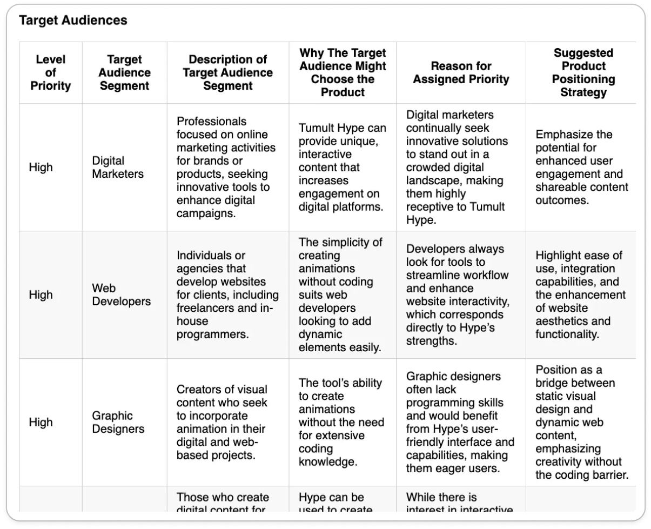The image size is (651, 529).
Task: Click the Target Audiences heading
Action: tap(73, 21)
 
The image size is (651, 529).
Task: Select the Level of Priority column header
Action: tap(50, 72)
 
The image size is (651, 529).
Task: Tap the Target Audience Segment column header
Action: tap(125, 72)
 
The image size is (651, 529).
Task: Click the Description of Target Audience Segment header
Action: tap(227, 72)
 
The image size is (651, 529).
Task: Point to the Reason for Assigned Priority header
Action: tap(461, 72)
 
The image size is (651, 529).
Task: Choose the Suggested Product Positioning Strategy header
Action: tap(583, 72)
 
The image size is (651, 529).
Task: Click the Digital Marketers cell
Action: tap(118, 168)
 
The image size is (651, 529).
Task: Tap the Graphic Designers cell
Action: tap(118, 422)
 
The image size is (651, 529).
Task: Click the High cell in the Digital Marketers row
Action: tap(41, 168)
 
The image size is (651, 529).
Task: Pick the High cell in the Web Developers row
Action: tap(41, 294)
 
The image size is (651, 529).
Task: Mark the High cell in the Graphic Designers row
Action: tap(41, 422)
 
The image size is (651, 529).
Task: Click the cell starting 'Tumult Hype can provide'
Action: tap(342, 168)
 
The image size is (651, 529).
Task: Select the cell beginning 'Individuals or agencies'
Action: tap(227, 294)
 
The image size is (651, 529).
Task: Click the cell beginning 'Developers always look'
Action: tap(461, 294)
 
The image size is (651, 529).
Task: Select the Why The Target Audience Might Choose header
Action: tap(343, 72)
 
